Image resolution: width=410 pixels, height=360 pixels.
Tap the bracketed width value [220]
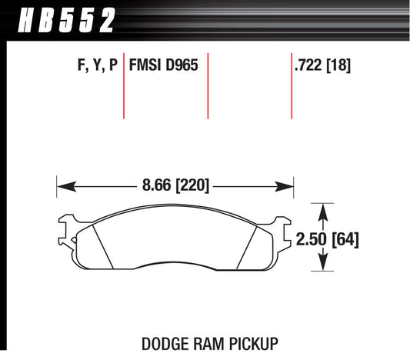pos(192,185)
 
